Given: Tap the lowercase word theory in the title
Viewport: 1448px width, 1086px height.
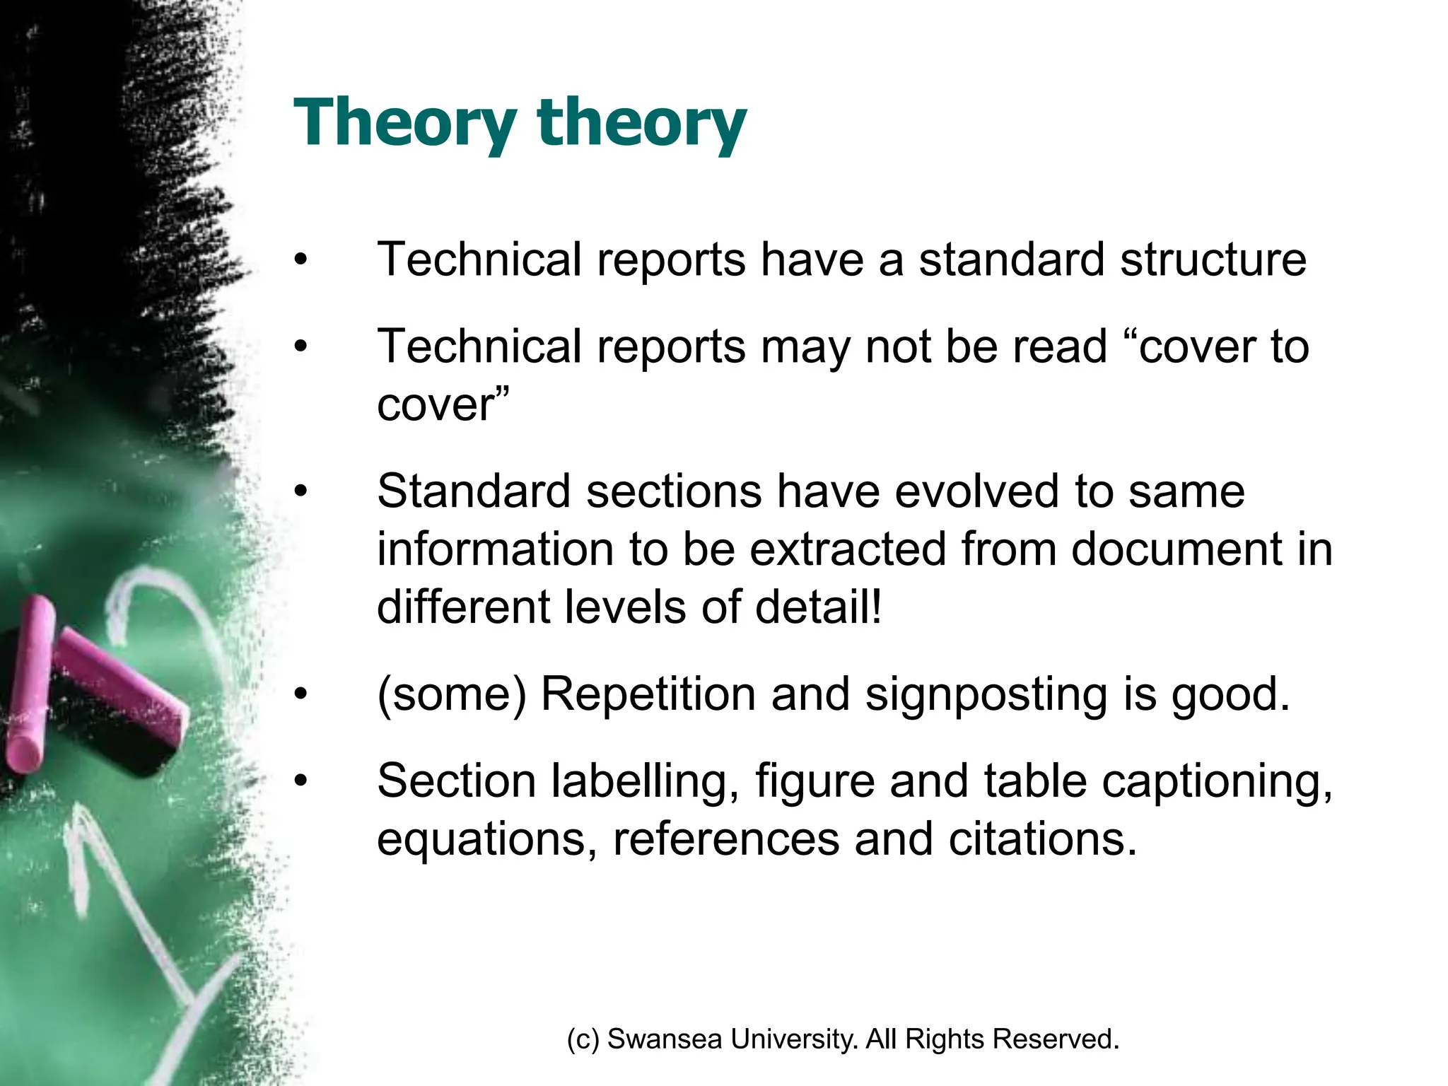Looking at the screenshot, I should [641, 123].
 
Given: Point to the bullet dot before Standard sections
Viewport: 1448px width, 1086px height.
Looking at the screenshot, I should [301, 491].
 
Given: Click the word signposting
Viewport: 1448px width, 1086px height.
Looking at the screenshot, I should [986, 694].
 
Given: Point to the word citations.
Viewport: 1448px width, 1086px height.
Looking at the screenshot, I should [1042, 840].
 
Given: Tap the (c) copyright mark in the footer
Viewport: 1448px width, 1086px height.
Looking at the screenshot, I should [583, 1039].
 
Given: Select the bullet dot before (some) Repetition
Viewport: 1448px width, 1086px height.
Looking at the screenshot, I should [301, 694].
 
